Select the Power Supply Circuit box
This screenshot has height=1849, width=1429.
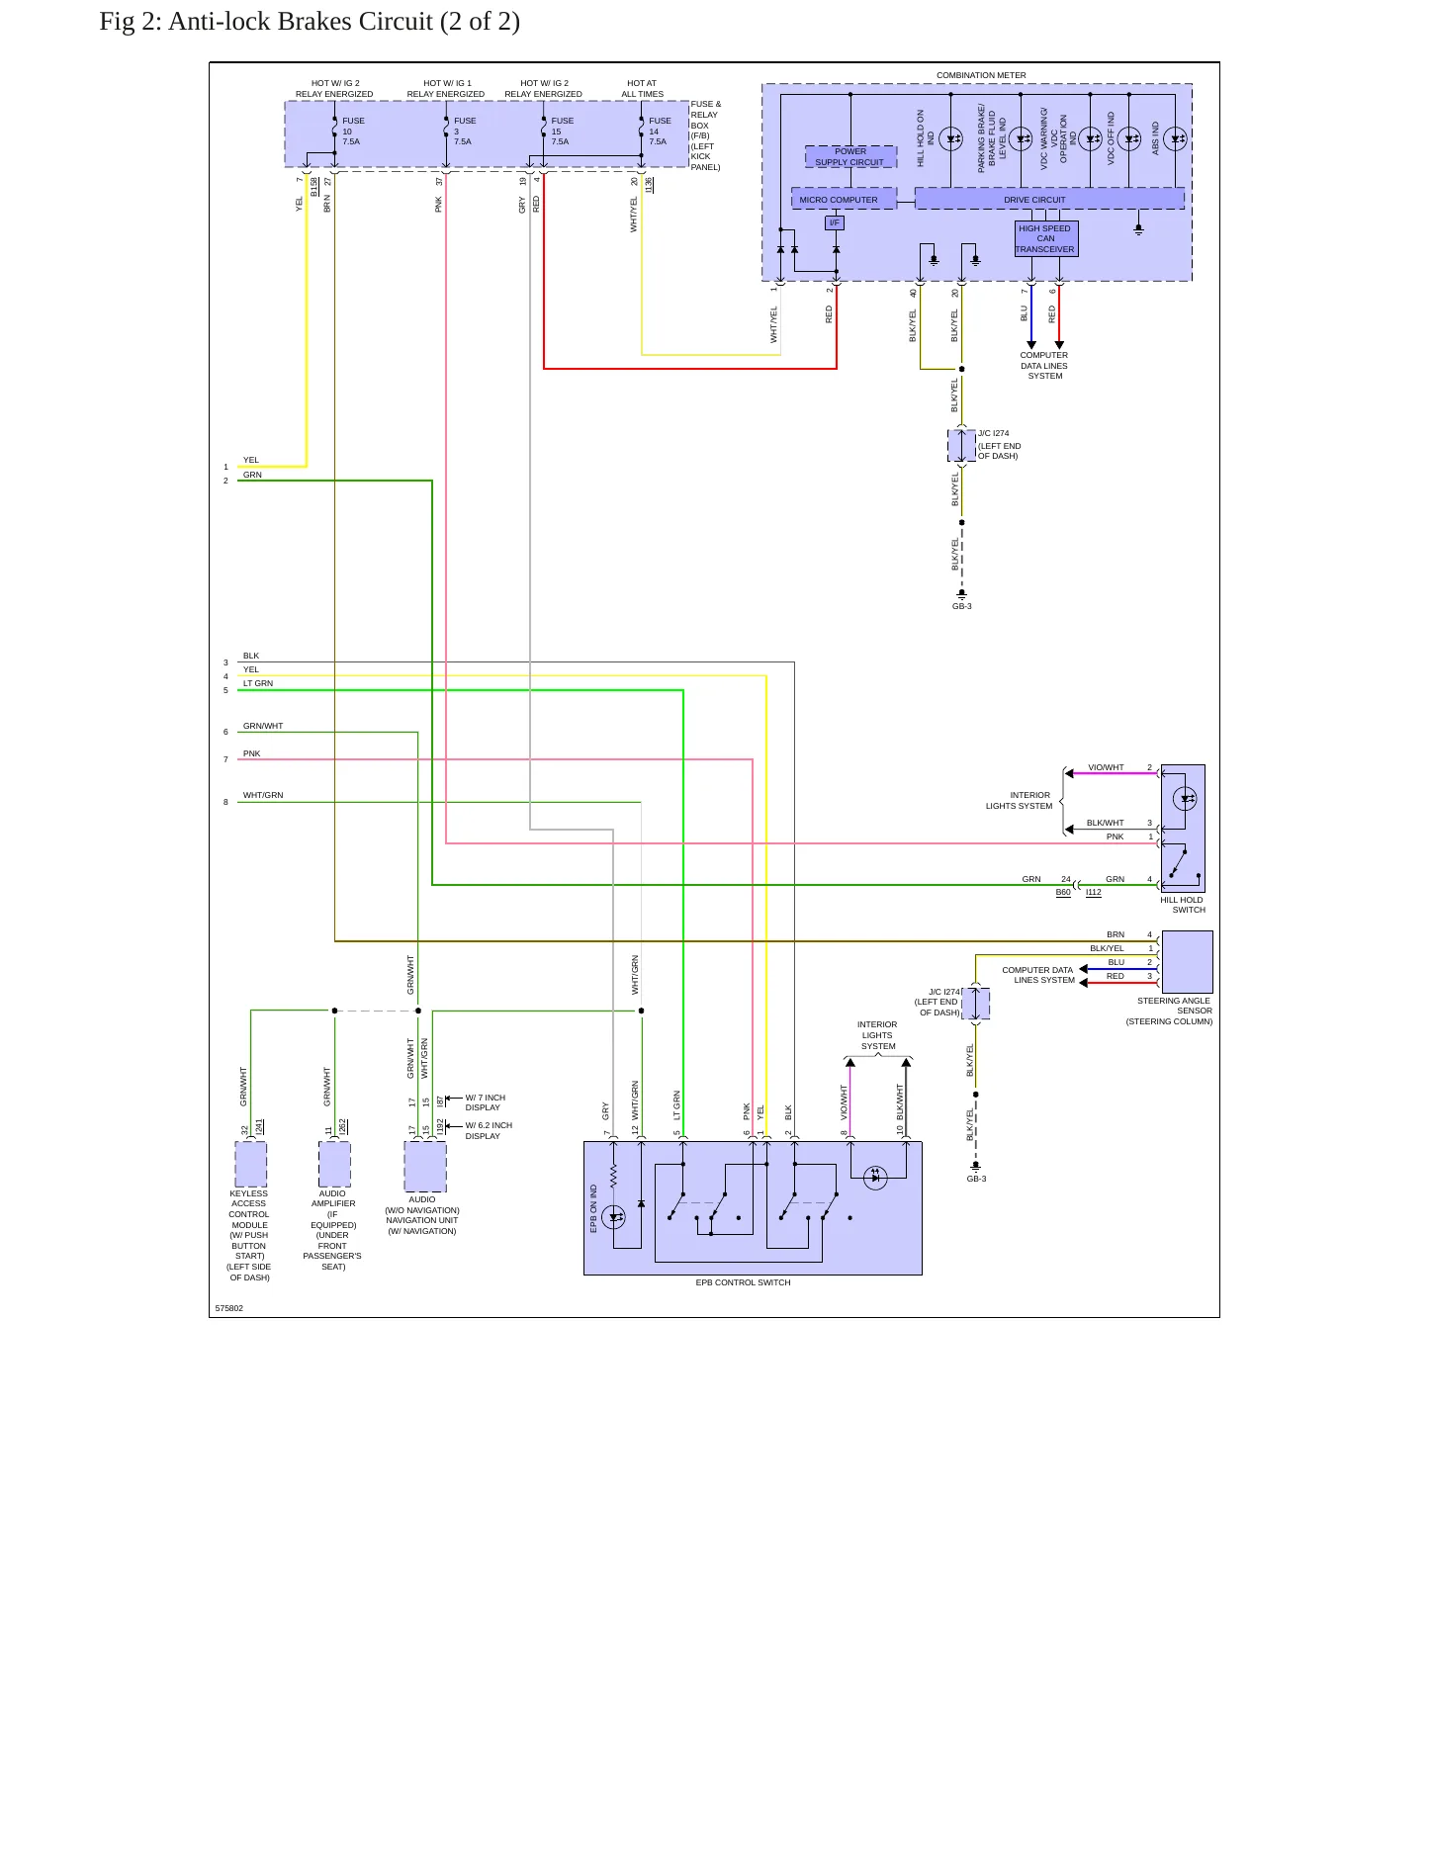850,156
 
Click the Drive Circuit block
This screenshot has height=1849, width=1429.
1049,199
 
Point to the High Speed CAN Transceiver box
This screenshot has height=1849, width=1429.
1046,238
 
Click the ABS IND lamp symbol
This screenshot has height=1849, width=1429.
1175,139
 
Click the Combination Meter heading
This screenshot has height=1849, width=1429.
981,75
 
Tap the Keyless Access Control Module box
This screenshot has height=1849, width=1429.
251,1164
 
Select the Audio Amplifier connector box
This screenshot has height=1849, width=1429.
334,1164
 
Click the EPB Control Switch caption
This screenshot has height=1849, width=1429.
743,1282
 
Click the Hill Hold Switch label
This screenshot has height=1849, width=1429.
1182,905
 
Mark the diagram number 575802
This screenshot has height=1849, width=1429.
229,1308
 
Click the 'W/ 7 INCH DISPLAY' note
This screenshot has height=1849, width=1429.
485,1102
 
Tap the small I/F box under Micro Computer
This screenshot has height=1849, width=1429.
835,222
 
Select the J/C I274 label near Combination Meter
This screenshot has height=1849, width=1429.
994,433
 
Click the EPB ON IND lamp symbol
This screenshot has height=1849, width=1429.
614,1217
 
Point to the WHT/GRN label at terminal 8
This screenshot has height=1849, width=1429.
263,795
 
